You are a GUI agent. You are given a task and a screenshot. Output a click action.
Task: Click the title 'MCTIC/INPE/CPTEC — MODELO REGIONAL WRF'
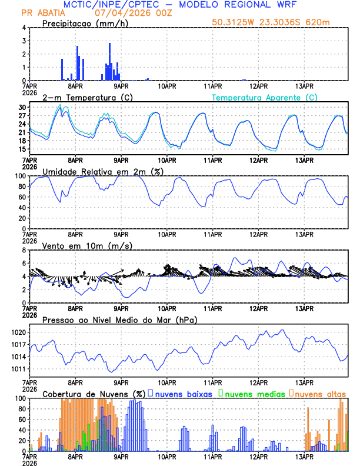tap(179, 5)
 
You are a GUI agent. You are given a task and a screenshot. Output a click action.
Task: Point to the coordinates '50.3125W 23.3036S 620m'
tap(279, 22)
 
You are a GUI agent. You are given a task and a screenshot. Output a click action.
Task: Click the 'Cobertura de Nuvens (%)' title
tap(93, 393)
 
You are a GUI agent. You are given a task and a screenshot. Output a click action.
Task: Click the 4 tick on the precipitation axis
tap(24, 28)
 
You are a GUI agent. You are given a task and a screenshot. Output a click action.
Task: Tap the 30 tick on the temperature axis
tap(22, 108)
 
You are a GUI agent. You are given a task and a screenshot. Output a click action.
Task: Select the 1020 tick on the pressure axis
tap(18, 332)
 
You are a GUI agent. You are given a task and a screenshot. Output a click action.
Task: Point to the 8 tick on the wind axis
tap(24, 249)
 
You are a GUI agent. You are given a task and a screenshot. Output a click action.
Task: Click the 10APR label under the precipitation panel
tap(167, 86)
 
